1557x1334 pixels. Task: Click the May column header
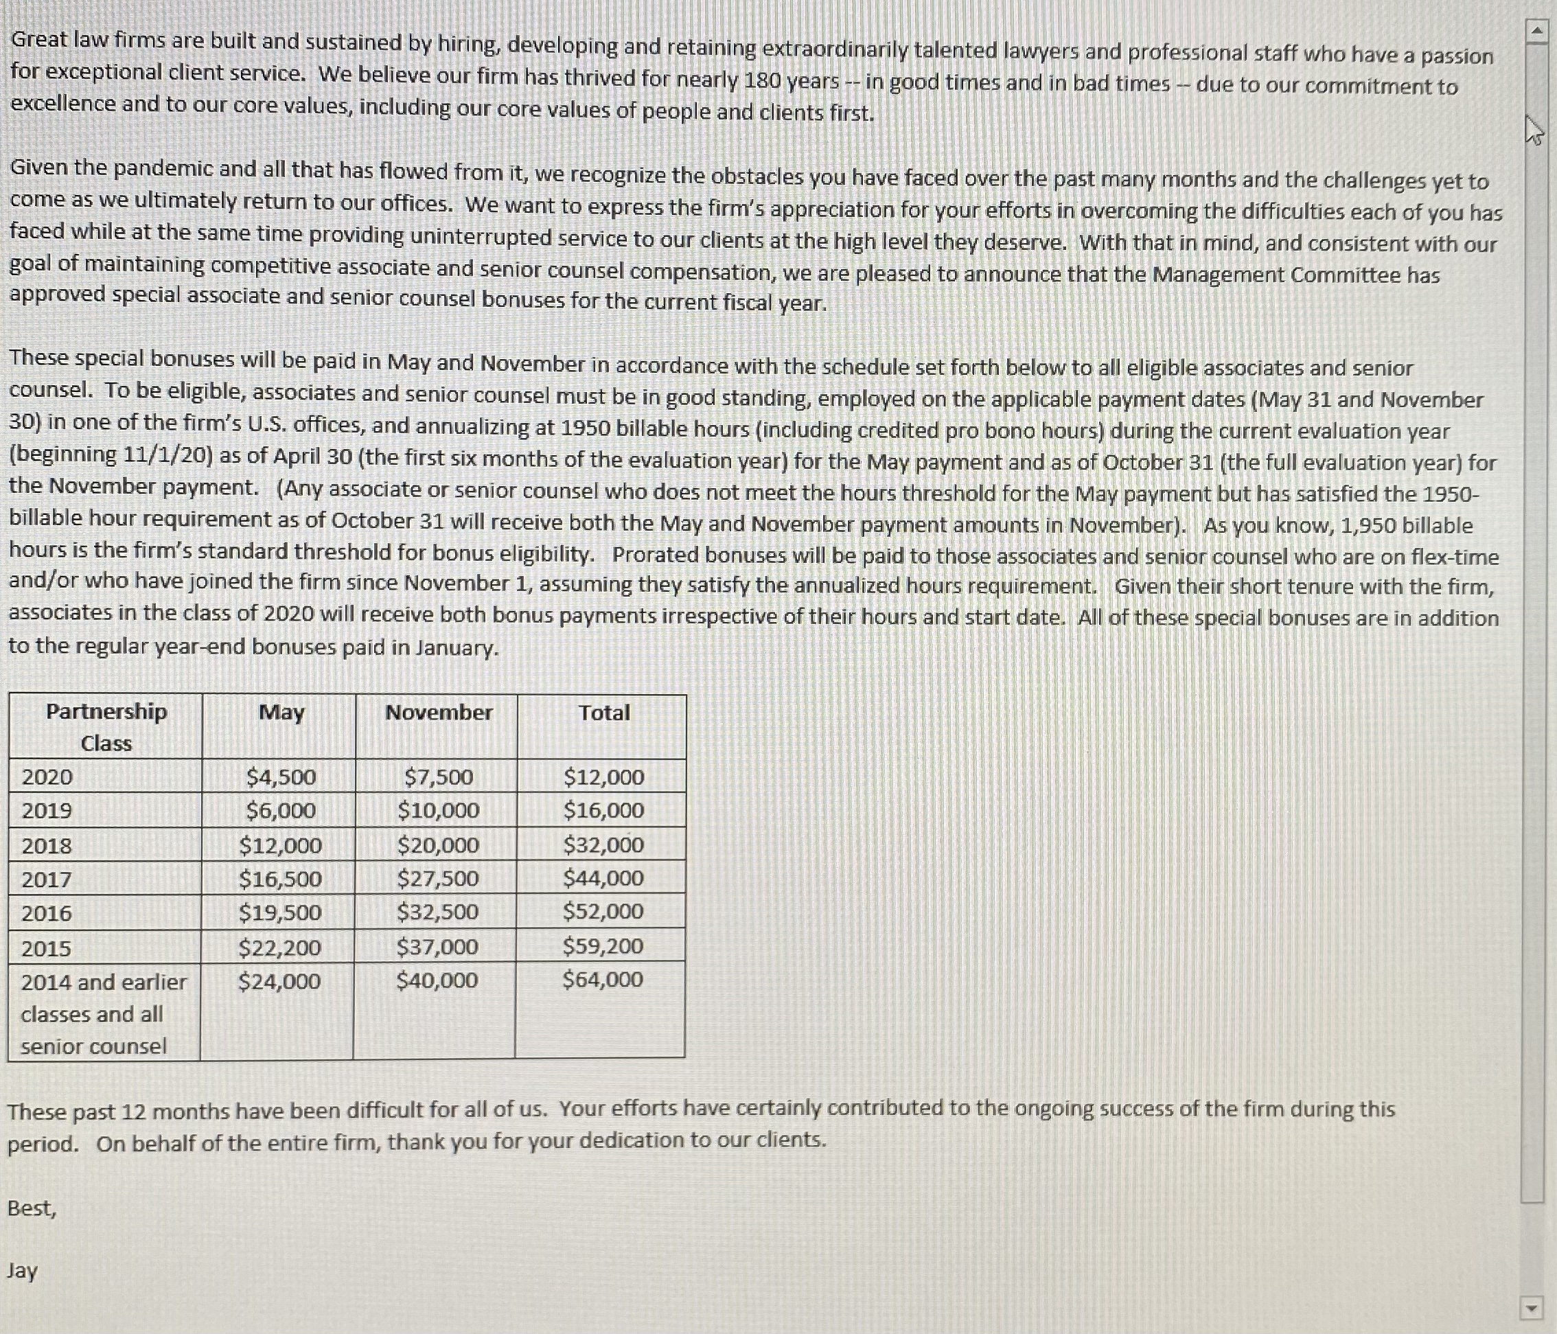pyautogui.click(x=281, y=712)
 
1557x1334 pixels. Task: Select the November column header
pyautogui.click(x=439, y=712)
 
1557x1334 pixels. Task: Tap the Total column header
pyautogui.click(x=604, y=712)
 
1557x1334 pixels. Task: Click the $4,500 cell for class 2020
pyautogui.click(x=281, y=777)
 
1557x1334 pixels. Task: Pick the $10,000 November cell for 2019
pyautogui.click(x=438, y=810)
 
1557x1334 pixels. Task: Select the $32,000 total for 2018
pyautogui.click(x=603, y=844)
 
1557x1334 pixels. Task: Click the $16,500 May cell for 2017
pyautogui.click(x=280, y=879)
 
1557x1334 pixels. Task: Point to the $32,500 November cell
pyautogui.click(x=438, y=912)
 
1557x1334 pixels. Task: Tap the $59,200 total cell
pyautogui.click(x=603, y=945)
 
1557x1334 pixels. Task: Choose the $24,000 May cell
pyautogui.click(x=279, y=981)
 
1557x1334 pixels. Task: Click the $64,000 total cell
pyautogui.click(x=603, y=979)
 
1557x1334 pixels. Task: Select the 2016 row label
pyautogui.click(x=47, y=913)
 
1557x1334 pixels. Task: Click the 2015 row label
pyautogui.click(x=47, y=948)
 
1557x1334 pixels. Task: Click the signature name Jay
pyautogui.click(x=23, y=1270)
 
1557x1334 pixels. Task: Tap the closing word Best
pyautogui.click(x=31, y=1208)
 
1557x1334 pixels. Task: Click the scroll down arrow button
pyautogui.click(x=1531, y=1308)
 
